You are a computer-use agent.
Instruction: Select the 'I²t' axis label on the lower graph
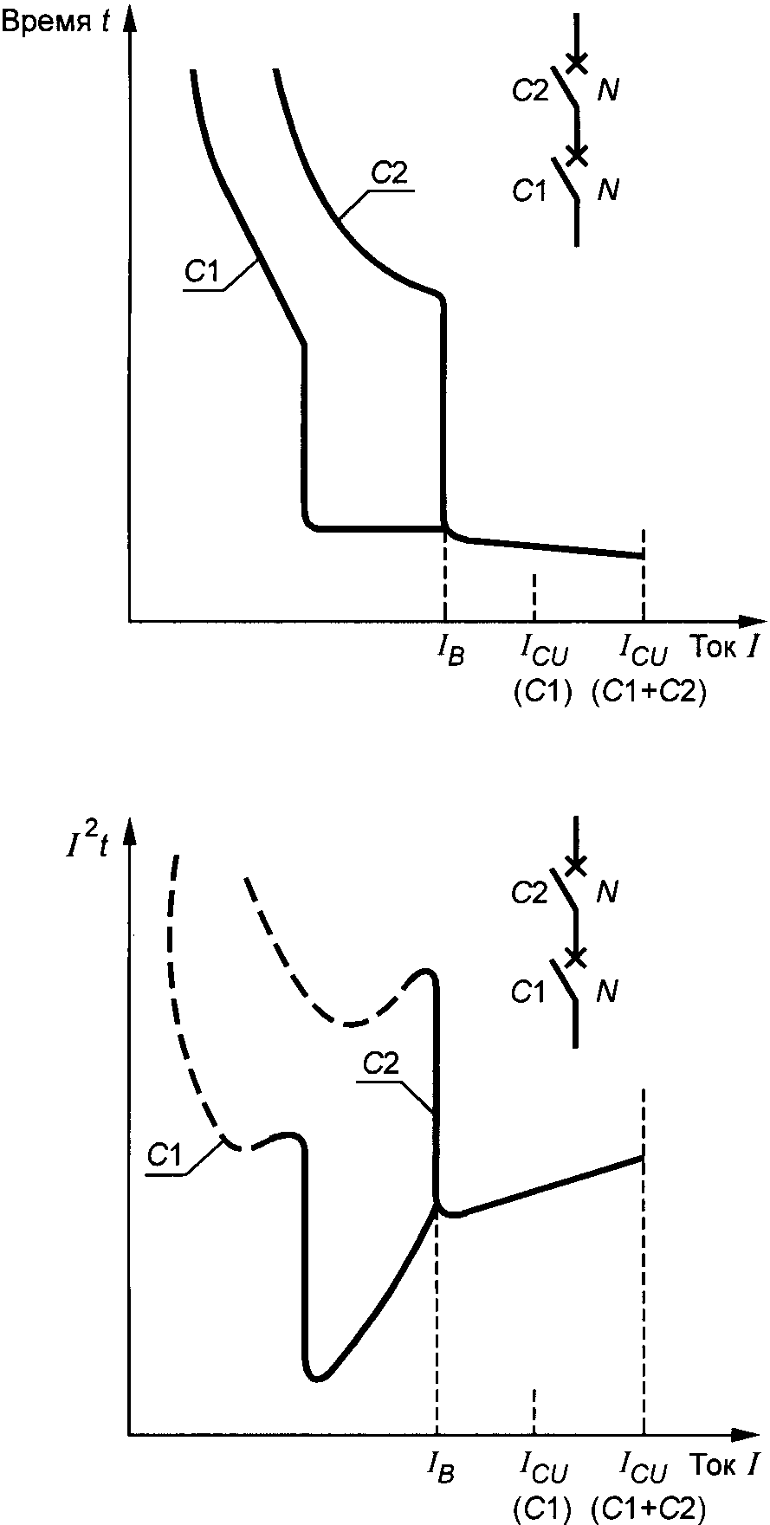tap(86, 842)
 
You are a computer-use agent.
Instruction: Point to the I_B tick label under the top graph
tap(450, 651)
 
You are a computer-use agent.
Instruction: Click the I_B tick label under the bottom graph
tap(442, 1466)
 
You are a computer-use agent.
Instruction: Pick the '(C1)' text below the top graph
tap(543, 694)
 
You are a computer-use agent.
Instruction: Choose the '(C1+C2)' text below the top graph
tap(650, 694)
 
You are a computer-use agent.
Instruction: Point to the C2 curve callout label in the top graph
tap(389, 174)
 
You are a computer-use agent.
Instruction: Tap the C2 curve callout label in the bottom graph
tap(380, 1064)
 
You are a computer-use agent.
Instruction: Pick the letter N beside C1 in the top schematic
tap(608, 189)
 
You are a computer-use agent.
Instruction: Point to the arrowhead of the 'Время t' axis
tap(130, 19)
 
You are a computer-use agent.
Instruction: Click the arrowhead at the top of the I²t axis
tap(130, 834)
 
